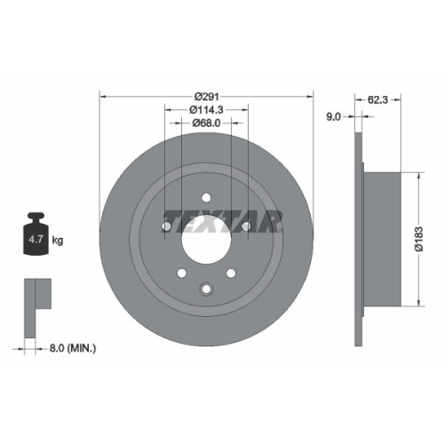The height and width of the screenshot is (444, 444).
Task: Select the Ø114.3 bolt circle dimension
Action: click(206, 108)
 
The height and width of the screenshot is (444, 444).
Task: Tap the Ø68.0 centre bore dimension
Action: click(206, 125)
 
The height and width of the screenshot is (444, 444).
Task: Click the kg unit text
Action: click(58, 241)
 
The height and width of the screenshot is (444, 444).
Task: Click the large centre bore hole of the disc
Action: click(206, 239)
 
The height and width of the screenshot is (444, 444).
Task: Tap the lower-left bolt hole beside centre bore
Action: click(181, 274)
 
